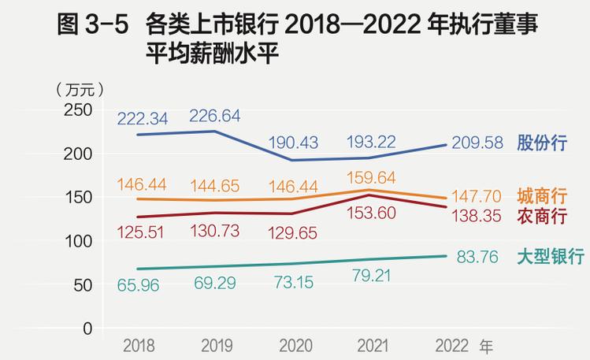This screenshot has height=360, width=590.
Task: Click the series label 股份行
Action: (543, 144)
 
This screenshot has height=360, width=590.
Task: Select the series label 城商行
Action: (543, 196)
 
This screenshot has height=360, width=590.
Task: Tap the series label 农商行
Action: (543, 215)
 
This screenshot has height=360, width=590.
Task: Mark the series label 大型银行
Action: (550, 257)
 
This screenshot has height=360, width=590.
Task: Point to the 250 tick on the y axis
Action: (78, 111)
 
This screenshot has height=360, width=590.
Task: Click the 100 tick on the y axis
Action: (78, 242)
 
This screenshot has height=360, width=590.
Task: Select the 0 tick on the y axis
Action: (88, 328)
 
